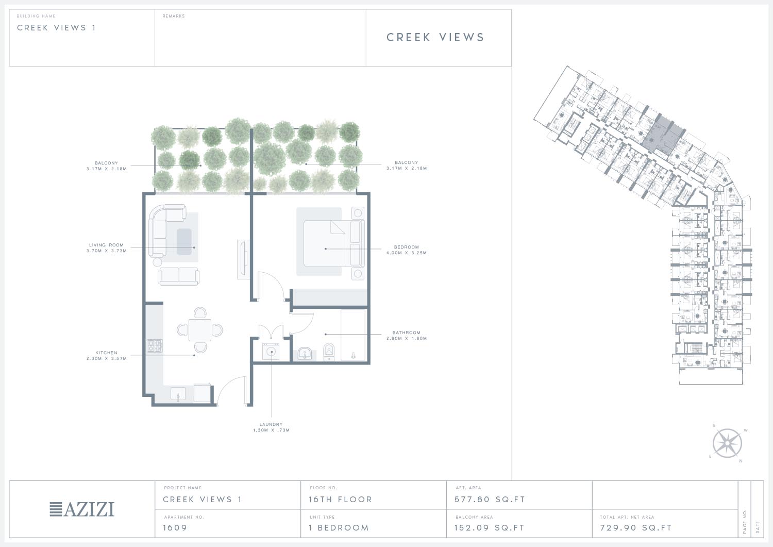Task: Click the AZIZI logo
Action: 82,509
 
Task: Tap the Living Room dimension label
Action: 106,248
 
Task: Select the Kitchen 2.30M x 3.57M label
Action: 106,356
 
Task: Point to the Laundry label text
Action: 271,427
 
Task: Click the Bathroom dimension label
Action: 407,336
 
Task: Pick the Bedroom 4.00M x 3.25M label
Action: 407,250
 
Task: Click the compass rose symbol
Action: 727,443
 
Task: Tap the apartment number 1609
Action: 175,528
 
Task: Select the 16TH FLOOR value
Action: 340,500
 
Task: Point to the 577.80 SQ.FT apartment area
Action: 490,500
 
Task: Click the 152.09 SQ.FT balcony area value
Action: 490,528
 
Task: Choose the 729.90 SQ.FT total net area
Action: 635,528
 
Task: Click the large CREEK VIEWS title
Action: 435,37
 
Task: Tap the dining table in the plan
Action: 200,330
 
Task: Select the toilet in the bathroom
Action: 329,352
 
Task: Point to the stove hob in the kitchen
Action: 155,345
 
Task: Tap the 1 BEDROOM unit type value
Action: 339,528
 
